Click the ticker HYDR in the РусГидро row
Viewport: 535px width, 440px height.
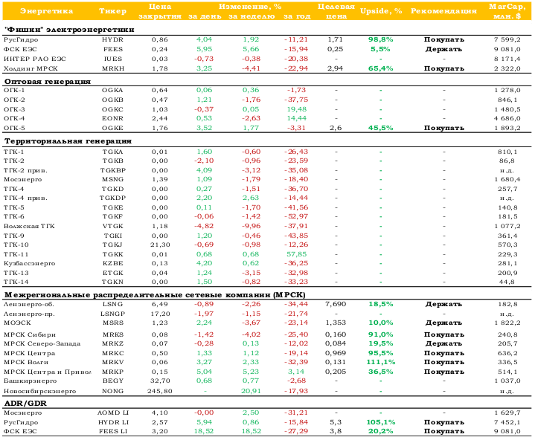pyautogui.click(x=112, y=39)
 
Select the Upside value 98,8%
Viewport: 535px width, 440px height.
pyautogui.click(x=381, y=39)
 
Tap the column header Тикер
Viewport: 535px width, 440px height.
pyautogui.click(x=112, y=11)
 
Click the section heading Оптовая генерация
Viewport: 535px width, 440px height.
pyautogui.click(x=48, y=82)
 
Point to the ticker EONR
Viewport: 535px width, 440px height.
pyautogui.click(x=112, y=119)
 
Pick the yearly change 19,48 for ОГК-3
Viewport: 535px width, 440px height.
pyautogui.click(x=297, y=109)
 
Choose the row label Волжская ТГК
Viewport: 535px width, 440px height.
pyautogui.click(x=29, y=226)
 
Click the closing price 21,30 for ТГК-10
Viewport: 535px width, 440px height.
pyautogui.click(x=160, y=245)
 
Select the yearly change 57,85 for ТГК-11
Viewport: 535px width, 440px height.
pyautogui.click(x=297, y=254)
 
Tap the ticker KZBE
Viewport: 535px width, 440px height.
pyautogui.click(x=112, y=263)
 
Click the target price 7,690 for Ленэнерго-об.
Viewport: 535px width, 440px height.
pyautogui.click(x=336, y=304)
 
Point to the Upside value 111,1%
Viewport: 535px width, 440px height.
pyautogui.click(x=381, y=362)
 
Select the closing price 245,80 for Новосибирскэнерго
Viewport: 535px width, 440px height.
pyautogui.click(x=160, y=391)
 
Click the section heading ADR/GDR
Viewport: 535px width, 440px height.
pyautogui.click(x=25, y=404)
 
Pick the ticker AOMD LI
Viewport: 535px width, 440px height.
pyautogui.click(x=112, y=412)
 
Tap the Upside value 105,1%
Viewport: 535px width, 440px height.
pyautogui.click(x=381, y=422)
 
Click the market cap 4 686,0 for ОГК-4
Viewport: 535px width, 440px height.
pyautogui.click(x=507, y=119)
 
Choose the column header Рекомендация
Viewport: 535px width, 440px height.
pyautogui.click(x=443, y=11)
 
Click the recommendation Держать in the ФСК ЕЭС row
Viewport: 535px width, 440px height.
pyautogui.click(x=443, y=49)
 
